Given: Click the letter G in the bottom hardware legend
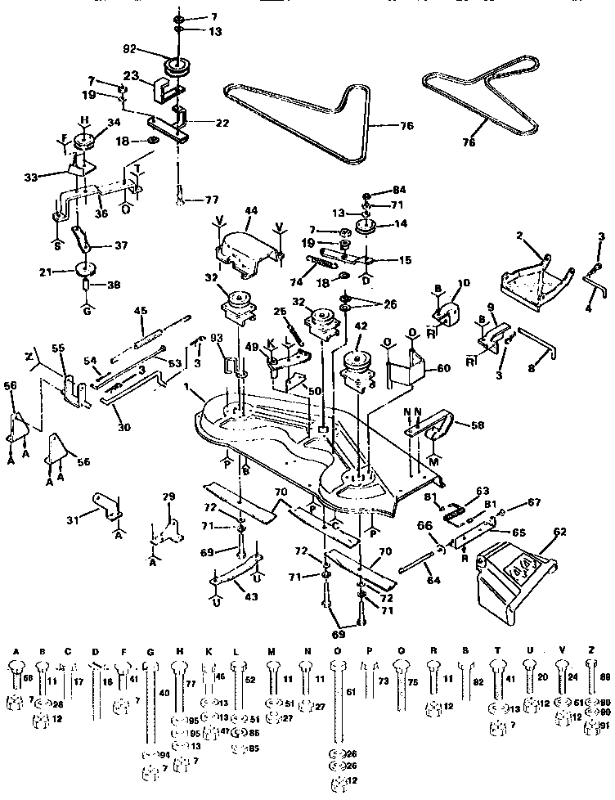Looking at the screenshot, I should pos(149,650).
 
